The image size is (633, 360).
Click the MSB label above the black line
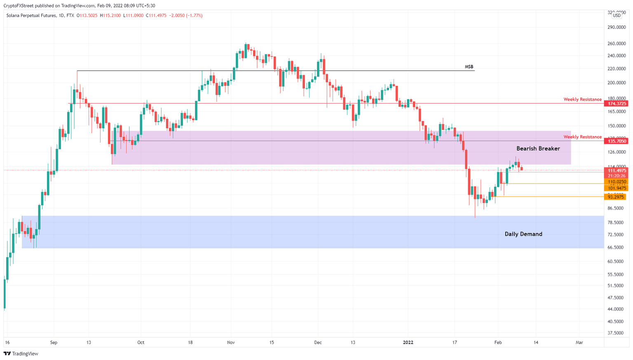coord(469,67)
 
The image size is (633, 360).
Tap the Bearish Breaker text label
coord(538,148)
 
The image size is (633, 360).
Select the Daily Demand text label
coord(523,234)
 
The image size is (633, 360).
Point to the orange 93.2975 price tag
coord(616,197)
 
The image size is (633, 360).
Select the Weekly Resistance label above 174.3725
coord(582,99)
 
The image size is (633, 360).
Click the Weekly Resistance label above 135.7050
coord(582,137)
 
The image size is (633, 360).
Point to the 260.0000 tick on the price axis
coord(617,44)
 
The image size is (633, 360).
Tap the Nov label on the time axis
coord(231,343)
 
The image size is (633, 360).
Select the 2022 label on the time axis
coord(408,343)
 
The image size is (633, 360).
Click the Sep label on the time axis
coord(54,343)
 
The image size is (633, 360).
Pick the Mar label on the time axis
coord(579,343)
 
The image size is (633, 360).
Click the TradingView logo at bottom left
coord(21,354)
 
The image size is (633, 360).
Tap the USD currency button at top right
coord(617,16)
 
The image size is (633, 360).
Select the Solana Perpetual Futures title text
coord(32,16)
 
